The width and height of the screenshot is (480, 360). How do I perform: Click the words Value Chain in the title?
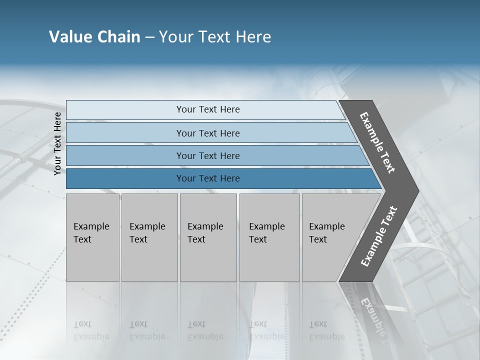point(94,37)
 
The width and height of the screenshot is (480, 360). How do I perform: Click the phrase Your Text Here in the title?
point(215,37)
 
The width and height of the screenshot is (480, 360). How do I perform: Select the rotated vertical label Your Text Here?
point(57,143)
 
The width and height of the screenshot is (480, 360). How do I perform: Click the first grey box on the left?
point(92,260)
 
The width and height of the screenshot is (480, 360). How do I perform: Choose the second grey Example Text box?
point(149,260)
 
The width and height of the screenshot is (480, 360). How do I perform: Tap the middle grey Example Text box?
point(208,260)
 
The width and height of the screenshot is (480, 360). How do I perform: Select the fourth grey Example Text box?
point(269,260)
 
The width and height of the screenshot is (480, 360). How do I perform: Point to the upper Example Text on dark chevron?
point(377,142)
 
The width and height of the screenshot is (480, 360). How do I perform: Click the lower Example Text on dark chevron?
point(378,236)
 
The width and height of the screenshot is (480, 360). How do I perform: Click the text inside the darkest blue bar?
point(208,178)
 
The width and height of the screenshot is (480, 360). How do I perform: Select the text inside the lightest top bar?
point(208,109)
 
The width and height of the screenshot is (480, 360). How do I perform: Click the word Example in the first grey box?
point(91,226)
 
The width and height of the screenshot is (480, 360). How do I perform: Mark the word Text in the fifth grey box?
point(317,239)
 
